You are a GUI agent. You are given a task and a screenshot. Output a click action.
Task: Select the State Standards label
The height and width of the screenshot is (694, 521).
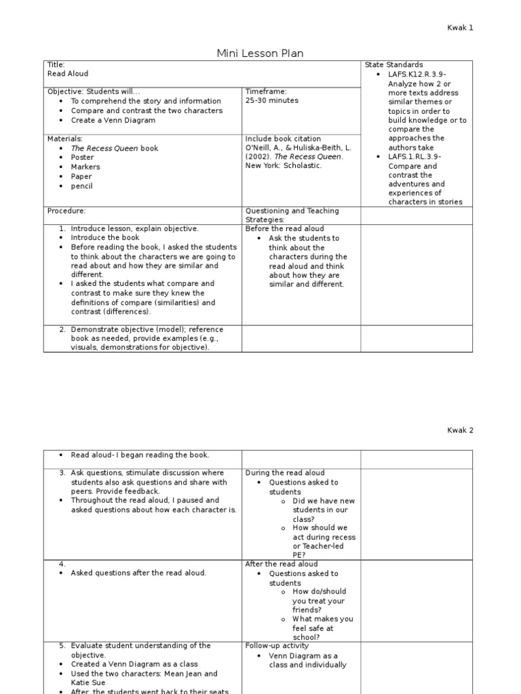(x=393, y=65)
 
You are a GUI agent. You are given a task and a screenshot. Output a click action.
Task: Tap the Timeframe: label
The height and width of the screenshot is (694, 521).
(x=266, y=91)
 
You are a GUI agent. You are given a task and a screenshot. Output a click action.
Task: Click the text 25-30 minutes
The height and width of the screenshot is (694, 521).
(x=271, y=100)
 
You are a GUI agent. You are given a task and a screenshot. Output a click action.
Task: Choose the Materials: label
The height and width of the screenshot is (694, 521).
(x=64, y=138)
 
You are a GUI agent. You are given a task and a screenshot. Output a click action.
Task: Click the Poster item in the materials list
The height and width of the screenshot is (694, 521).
(x=82, y=157)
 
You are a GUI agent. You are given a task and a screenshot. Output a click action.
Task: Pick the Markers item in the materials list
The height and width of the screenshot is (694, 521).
(x=85, y=167)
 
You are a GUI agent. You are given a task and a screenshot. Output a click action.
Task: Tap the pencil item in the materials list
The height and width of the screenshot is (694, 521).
(x=81, y=186)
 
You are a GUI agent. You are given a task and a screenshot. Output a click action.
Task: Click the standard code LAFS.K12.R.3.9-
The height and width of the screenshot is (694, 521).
(x=417, y=75)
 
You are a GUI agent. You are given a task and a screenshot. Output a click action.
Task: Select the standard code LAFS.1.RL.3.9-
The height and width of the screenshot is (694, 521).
(x=414, y=157)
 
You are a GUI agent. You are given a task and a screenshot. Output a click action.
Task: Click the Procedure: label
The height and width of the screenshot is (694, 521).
(x=66, y=211)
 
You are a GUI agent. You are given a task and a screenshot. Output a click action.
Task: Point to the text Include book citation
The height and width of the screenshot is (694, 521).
(x=283, y=138)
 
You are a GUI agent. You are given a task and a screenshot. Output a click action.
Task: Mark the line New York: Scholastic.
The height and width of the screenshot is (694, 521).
(x=284, y=165)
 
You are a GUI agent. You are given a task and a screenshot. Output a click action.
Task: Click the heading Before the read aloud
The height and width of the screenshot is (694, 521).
(x=284, y=229)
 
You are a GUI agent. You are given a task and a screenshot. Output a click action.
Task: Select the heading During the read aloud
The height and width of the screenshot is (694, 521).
(x=285, y=473)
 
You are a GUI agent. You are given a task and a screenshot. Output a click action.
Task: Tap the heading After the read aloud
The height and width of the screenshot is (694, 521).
(x=281, y=564)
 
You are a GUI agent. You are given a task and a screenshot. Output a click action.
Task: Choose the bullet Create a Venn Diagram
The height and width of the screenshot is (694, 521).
(x=113, y=120)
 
